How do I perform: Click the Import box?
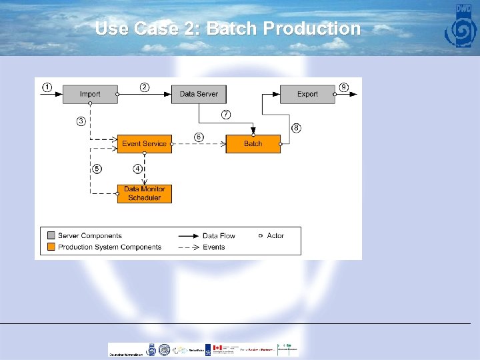click(x=90, y=94)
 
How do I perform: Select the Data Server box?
click(x=199, y=94)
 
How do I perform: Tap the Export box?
click(x=307, y=94)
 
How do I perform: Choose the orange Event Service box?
click(x=144, y=143)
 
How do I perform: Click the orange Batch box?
click(x=253, y=143)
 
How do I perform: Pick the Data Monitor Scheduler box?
click(x=144, y=193)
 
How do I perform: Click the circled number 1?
click(x=47, y=87)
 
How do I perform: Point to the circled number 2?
click(x=145, y=87)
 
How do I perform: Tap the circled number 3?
click(x=81, y=121)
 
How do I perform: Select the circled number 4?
click(x=138, y=169)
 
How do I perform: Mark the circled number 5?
click(x=97, y=169)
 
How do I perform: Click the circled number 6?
click(x=199, y=137)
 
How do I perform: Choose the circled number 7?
click(x=226, y=115)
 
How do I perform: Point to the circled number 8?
click(x=296, y=127)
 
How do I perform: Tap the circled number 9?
click(x=343, y=87)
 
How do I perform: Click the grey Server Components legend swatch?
click(x=51, y=235)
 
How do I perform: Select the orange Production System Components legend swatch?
click(x=51, y=247)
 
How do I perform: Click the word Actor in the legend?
click(x=275, y=235)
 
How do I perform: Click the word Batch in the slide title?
click(x=233, y=29)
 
